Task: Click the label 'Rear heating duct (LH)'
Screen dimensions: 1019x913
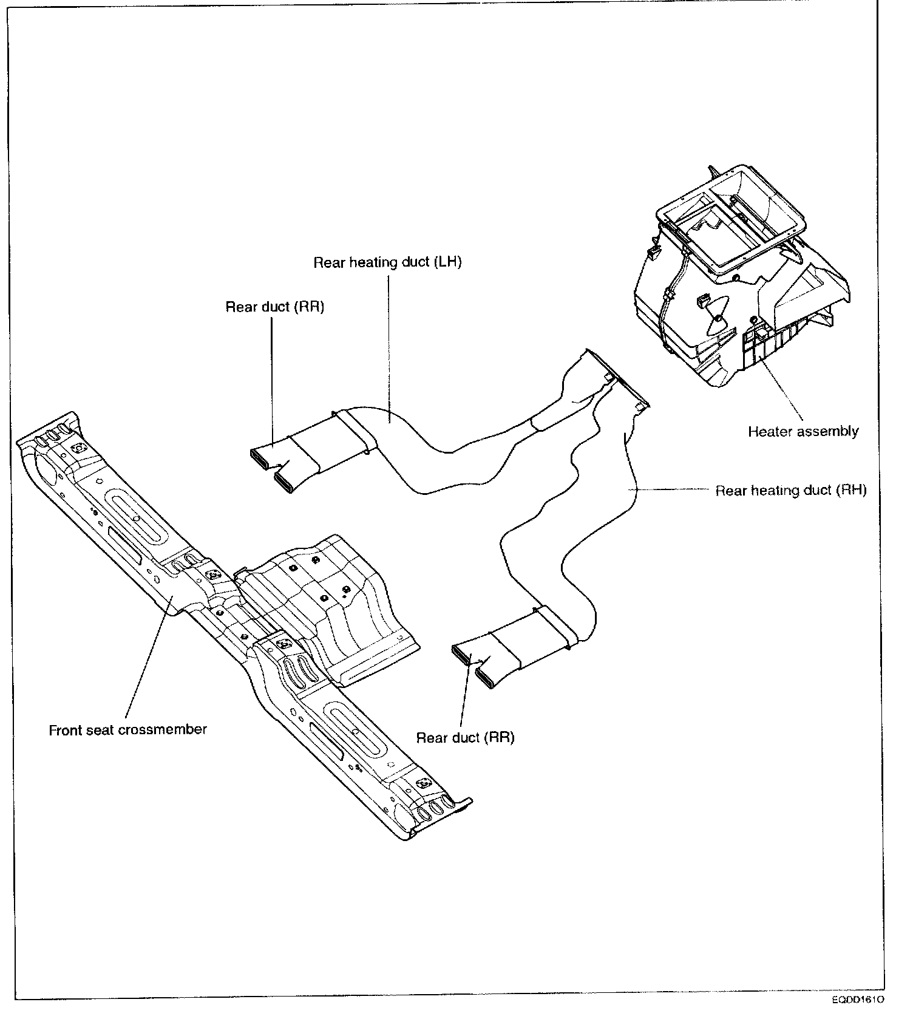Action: [387, 263]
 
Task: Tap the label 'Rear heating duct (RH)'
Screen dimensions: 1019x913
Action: [790, 490]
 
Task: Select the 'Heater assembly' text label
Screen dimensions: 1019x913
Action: [803, 432]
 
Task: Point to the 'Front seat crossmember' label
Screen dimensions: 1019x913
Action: [127, 730]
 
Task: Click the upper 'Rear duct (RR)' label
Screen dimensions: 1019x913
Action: [274, 307]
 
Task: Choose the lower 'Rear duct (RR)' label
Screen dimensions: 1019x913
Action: [465, 738]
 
